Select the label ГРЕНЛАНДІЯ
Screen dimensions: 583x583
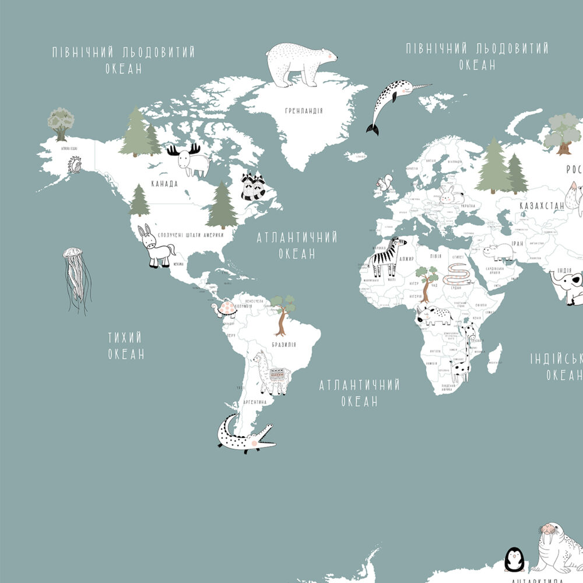coord(304,111)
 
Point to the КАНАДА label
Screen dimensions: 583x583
coord(164,184)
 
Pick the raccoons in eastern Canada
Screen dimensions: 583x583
coord(254,186)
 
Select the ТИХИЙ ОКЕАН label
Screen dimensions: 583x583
coord(125,346)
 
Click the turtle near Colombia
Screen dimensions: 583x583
coord(224,308)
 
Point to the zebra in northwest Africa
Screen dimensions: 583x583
coord(386,257)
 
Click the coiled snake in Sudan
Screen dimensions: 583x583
coord(458,274)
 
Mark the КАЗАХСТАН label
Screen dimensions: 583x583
coord(542,205)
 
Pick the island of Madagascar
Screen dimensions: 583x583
coord(494,358)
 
